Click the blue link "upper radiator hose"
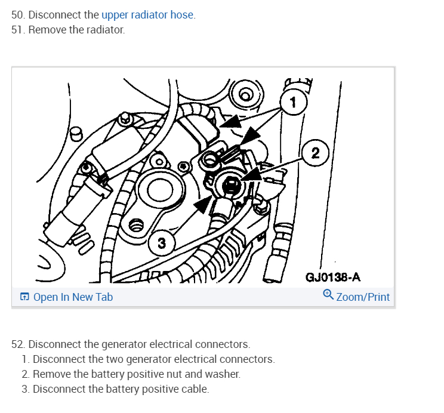coord(148,15)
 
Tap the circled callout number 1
coord(292,102)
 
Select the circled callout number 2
coord(316,153)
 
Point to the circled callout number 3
coord(161,242)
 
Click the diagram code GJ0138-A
coord(333,278)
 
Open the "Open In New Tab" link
coord(73,297)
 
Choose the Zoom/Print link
coord(363,297)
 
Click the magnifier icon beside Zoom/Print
coord(328,295)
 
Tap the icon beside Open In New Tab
coord(24,297)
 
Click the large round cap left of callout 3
coord(159,190)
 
